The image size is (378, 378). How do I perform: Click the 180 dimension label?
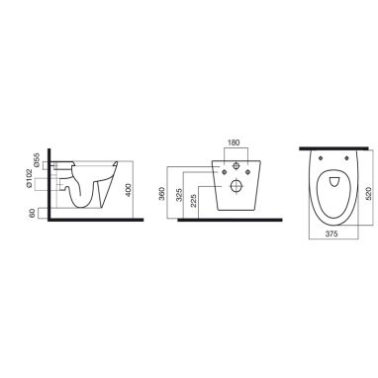click(x=235, y=142)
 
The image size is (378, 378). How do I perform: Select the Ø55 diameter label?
click(x=38, y=159)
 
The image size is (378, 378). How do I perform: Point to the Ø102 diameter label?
click(x=30, y=178)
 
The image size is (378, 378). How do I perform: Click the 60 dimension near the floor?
click(x=33, y=214)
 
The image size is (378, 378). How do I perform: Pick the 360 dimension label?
click(x=161, y=196)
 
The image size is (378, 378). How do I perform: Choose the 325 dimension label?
click(x=179, y=196)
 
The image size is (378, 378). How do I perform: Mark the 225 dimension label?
click(x=194, y=201)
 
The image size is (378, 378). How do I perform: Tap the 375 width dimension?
click(x=331, y=234)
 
